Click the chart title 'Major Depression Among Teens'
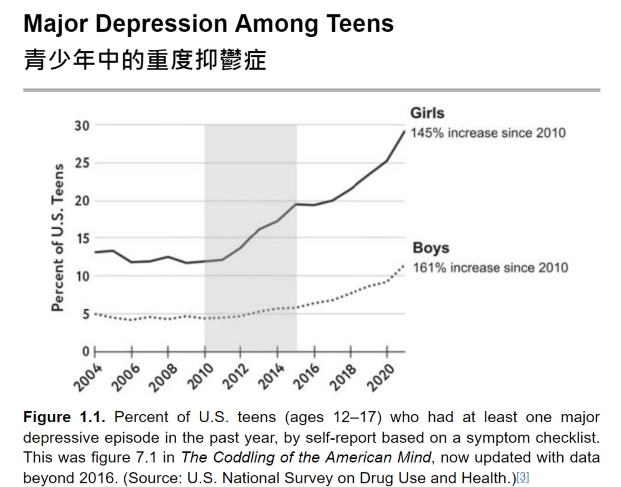point(208,23)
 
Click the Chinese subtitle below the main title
point(145,60)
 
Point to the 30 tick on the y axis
point(82,126)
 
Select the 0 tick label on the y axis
point(86,351)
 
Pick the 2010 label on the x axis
point(201,377)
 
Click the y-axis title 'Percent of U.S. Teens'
point(58,237)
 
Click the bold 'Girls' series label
point(427,113)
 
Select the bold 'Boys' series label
point(431,248)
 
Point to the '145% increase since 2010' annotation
point(488,133)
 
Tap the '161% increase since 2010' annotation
point(490,267)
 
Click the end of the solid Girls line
point(404,131)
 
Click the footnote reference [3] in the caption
point(523,477)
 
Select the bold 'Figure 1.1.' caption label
point(64,417)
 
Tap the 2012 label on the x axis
point(237,377)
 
